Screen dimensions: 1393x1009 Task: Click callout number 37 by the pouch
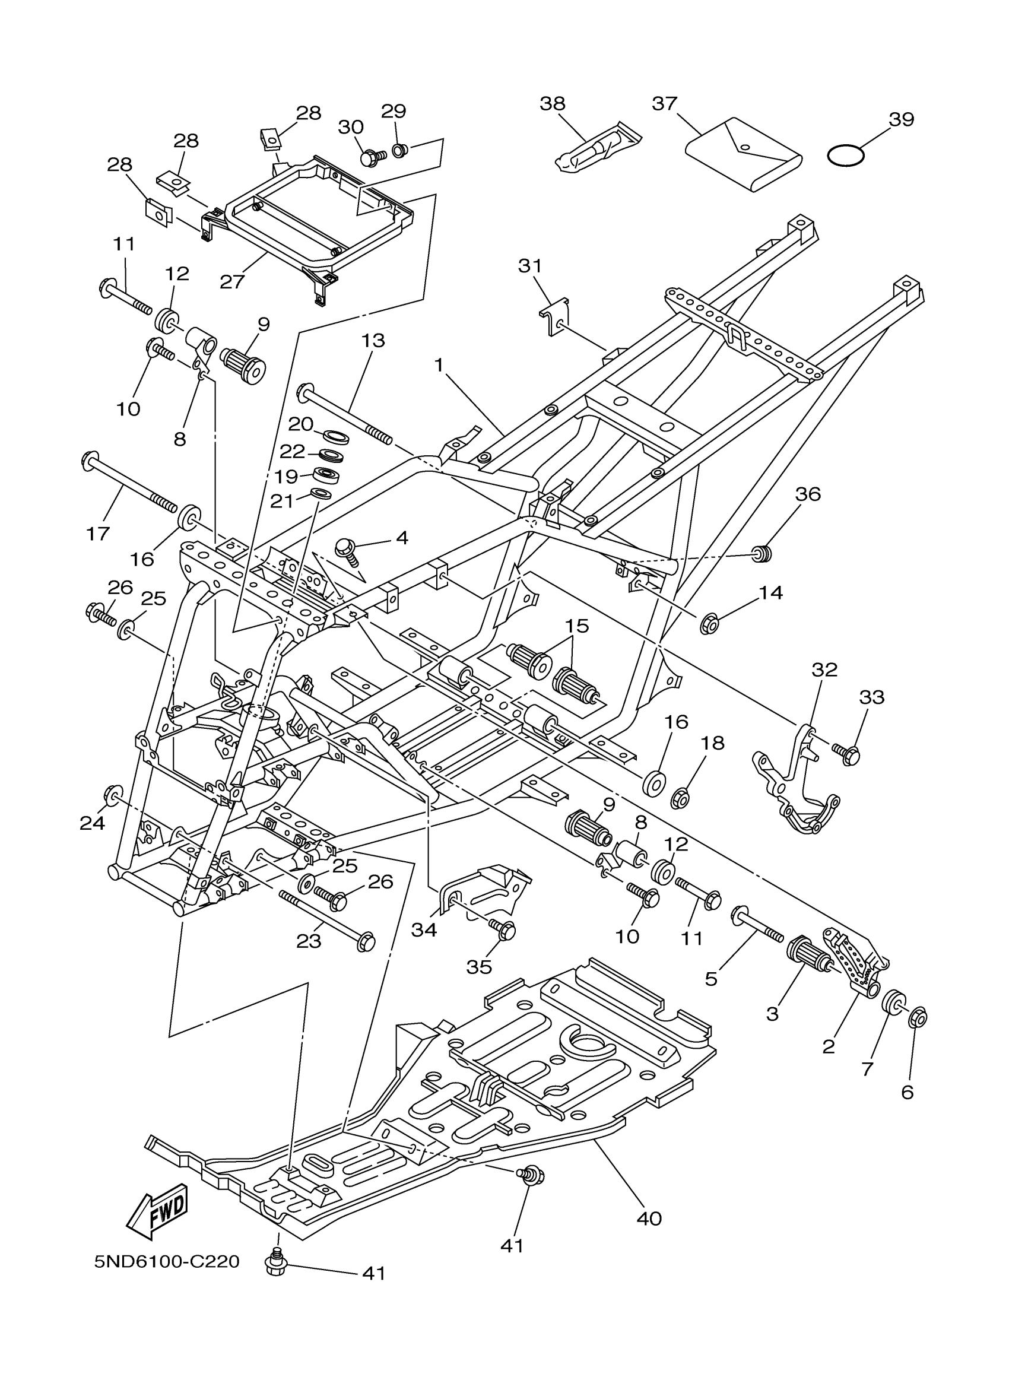click(665, 104)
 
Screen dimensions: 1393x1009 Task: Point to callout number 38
click(552, 104)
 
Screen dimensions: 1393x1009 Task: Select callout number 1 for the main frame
click(439, 365)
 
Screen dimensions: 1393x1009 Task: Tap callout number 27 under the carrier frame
click(232, 282)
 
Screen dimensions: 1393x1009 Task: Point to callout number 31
click(529, 266)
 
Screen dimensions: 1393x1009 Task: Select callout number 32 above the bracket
click(824, 670)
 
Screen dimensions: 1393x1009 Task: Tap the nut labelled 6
click(918, 1017)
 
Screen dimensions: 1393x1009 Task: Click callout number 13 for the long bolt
click(373, 340)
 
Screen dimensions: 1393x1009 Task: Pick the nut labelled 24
click(112, 795)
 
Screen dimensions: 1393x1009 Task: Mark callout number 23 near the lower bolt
click(309, 940)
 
